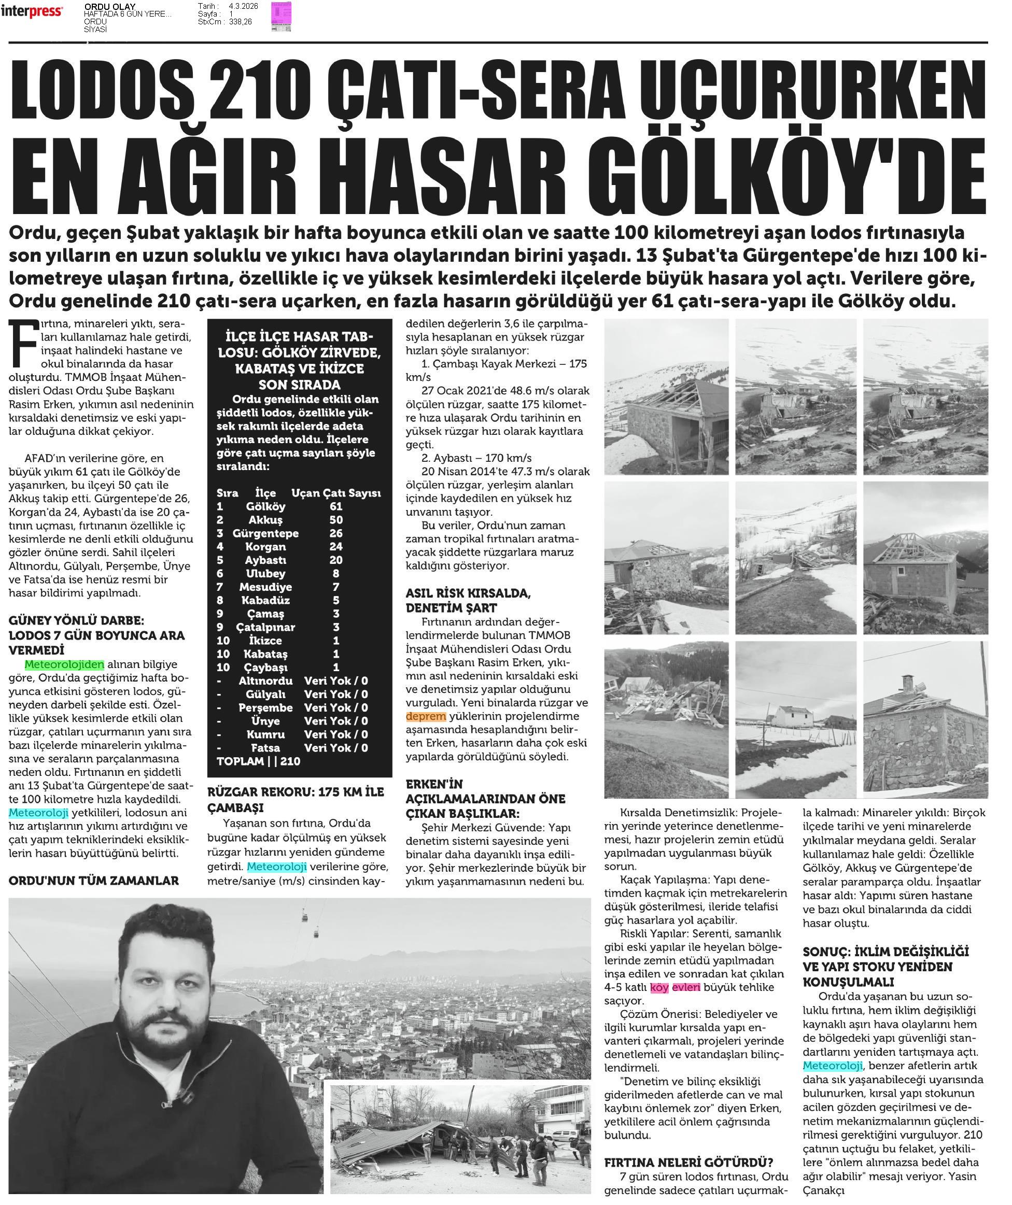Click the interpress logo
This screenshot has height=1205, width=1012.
pos(32,11)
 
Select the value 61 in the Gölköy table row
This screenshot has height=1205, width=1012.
pos(336,507)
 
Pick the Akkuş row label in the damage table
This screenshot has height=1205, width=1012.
pos(265,520)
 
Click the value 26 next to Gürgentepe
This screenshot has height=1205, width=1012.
pos(336,534)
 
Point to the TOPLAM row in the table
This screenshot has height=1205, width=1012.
pos(258,761)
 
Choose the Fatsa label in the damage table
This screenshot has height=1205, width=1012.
pos(265,748)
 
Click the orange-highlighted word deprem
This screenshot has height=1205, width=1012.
pos(425,716)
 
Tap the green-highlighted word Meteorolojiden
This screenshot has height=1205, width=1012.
pos(64,664)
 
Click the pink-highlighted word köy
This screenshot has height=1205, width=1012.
pos(659,987)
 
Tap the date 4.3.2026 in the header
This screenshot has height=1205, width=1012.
pos(243,6)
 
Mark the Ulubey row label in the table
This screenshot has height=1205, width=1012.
pos(265,574)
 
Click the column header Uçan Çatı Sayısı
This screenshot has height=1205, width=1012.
pos(336,493)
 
